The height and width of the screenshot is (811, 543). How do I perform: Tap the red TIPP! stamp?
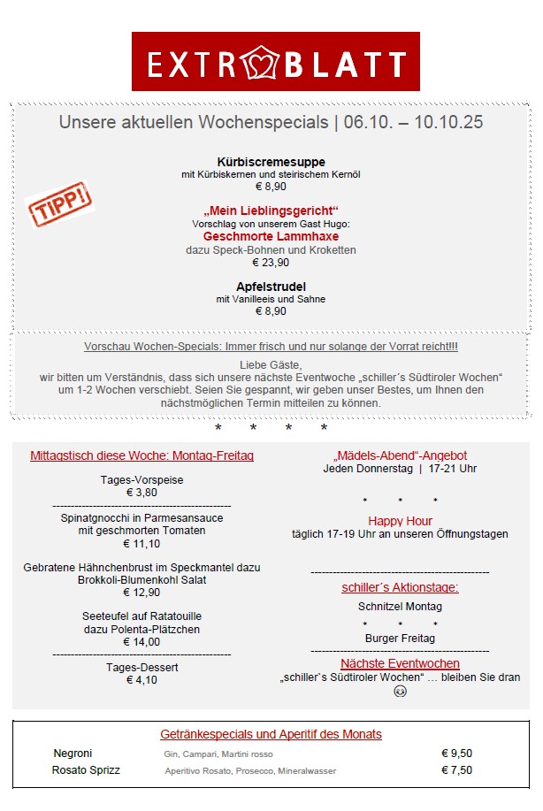click(x=60, y=204)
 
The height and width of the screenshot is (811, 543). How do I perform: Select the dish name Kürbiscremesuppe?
click(x=271, y=162)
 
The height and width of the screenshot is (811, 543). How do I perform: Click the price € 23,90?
click(x=271, y=263)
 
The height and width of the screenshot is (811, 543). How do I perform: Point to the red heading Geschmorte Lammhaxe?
click(x=271, y=236)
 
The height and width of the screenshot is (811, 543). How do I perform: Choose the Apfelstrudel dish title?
click(x=271, y=287)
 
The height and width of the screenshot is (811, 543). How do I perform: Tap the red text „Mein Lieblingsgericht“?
click(x=271, y=210)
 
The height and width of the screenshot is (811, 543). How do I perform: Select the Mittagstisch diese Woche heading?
click(x=141, y=455)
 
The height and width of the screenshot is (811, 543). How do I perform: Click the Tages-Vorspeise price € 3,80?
click(x=141, y=493)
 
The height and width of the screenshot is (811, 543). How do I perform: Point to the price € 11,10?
click(x=141, y=544)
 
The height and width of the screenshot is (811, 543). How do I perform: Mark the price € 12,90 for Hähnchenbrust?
click(x=141, y=593)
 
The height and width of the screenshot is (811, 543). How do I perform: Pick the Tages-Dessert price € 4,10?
click(x=141, y=680)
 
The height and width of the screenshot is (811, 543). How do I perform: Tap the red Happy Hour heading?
click(x=400, y=521)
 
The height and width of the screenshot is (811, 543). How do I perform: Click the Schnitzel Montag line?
click(x=400, y=607)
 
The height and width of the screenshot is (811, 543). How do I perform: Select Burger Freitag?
click(x=400, y=638)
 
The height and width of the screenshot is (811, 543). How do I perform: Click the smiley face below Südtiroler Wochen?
click(x=400, y=692)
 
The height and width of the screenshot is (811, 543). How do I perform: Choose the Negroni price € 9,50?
click(x=456, y=754)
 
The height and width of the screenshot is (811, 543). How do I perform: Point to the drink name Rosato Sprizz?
click(x=86, y=770)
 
